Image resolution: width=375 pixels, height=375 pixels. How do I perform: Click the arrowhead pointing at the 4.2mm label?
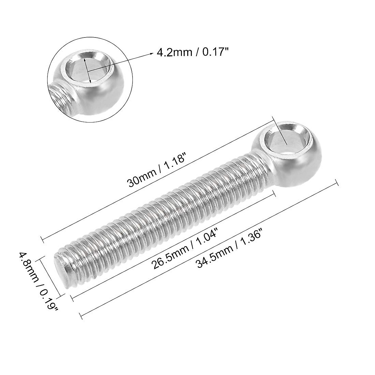coord(148,53)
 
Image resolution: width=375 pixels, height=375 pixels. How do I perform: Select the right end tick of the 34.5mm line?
coord(337,183)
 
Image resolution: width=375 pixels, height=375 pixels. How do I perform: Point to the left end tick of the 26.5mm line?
coord(73,298)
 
